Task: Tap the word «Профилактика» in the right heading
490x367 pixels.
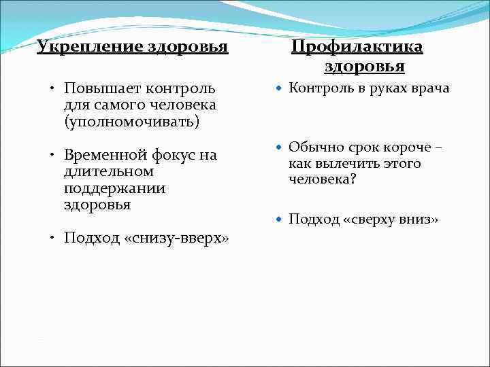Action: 357,47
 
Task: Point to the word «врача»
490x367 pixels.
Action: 430,88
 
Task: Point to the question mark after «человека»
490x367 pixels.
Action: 353,180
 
